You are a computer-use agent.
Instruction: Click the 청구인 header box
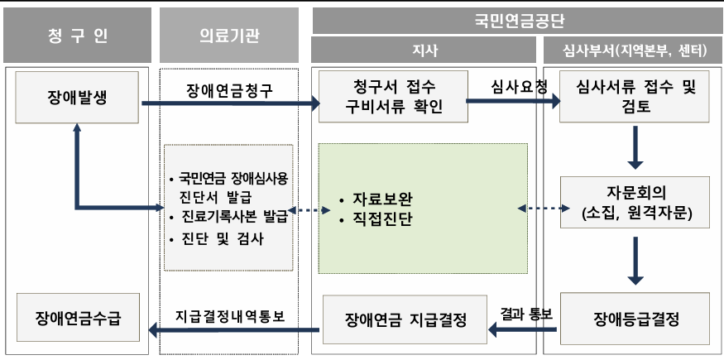tap(78, 35)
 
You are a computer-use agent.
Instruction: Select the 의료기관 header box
tap(228, 35)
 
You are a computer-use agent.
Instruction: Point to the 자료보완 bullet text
tap(382, 199)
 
